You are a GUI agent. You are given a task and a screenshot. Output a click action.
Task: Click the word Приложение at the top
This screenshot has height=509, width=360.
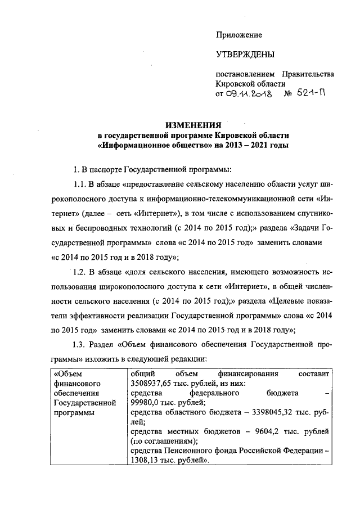click(239, 35)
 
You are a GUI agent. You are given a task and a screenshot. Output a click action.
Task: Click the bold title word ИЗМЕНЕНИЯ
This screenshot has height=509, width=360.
click(193, 127)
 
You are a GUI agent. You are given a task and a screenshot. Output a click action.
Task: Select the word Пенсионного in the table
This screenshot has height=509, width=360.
click(184, 451)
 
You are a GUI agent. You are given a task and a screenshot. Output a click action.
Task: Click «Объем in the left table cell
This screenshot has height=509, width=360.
click(67, 373)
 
